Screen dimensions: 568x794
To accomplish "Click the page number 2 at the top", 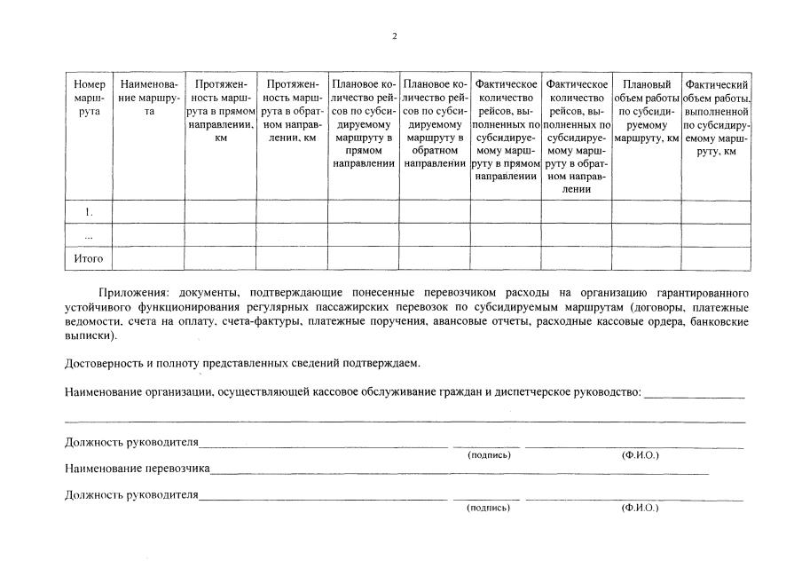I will point(395,36).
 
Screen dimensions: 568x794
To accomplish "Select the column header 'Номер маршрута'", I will point(89,98).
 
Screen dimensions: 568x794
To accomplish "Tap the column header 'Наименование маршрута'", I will point(149,98).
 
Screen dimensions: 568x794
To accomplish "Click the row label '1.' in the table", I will point(89,213).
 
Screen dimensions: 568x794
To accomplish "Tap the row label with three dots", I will point(89,236).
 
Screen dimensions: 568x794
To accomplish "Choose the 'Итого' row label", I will point(89,259).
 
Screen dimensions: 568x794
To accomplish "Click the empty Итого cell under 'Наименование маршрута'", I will point(148,259).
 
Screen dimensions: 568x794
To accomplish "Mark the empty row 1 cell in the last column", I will point(717,213).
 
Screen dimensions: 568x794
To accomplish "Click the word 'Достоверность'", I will point(105,363).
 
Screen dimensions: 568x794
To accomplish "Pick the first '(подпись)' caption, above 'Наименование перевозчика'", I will point(489,455).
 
